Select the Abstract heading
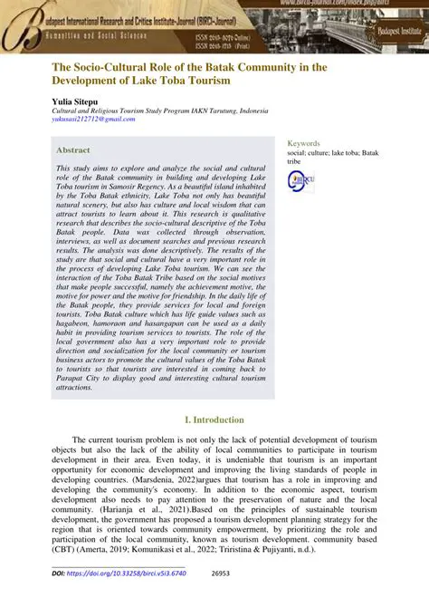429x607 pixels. coord(72,149)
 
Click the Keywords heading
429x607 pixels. coord(303,143)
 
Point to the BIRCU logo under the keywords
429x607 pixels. coord(300,180)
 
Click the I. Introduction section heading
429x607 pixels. coord(214,419)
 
